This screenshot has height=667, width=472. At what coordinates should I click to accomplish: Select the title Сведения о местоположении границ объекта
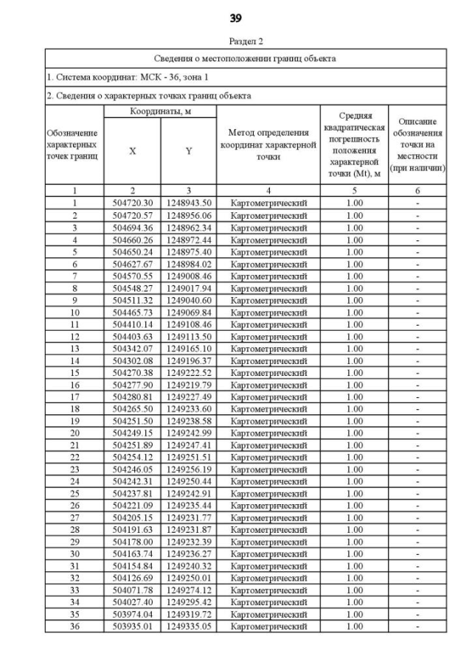[x=246, y=58]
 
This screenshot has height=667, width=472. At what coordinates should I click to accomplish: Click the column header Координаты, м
[x=160, y=111]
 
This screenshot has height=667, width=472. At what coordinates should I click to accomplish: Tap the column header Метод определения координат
[x=268, y=144]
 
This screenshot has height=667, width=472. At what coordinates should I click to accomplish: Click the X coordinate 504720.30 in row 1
[x=133, y=203]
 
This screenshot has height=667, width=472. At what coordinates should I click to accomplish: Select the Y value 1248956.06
[x=189, y=215]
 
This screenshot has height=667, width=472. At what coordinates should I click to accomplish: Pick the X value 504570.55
[x=133, y=276]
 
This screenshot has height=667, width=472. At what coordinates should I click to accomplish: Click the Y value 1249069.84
[x=189, y=312]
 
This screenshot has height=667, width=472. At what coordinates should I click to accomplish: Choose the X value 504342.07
[x=133, y=348]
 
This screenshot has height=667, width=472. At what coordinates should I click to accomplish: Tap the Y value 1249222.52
[x=189, y=372]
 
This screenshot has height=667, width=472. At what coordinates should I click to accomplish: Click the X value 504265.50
[x=133, y=408]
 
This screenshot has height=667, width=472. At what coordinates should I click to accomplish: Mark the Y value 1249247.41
[x=189, y=444]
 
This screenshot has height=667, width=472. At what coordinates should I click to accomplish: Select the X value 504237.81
[x=133, y=493]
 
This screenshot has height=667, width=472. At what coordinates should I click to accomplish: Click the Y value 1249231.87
[x=189, y=529]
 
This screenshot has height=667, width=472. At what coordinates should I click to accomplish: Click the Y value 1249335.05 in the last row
[x=189, y=626]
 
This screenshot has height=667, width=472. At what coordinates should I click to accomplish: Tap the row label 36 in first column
[x=74, y=626]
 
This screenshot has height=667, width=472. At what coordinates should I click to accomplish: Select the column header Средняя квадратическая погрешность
[x=354, y=144]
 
